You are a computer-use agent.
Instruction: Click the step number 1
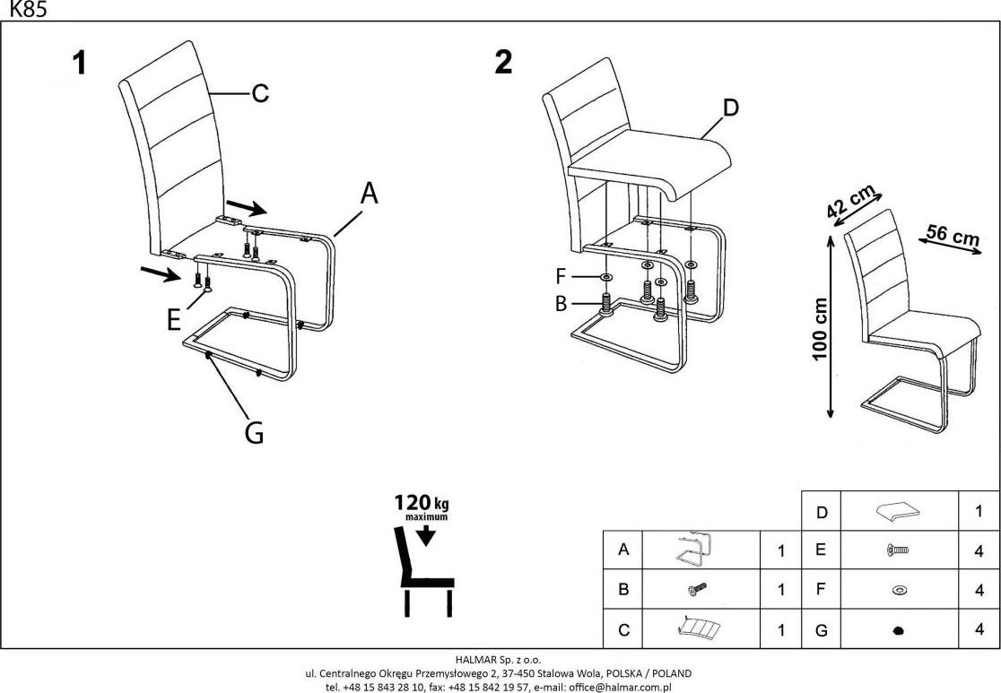80,64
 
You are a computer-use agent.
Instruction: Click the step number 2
503,64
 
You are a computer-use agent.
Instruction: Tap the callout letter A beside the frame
369,194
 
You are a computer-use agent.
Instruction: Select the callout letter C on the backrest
258,93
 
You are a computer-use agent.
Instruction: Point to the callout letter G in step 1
254,433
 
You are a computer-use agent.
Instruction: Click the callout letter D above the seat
730,108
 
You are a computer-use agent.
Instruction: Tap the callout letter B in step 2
561,304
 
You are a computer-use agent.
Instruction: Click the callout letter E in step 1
174,320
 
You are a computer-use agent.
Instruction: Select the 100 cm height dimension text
820,329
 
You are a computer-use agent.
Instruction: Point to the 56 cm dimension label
953,236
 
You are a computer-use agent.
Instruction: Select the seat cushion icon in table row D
900,512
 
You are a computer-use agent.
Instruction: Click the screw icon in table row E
898,550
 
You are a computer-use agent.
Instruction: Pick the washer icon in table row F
899,590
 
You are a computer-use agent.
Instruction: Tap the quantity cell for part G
979,629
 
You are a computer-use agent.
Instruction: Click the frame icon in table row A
694,548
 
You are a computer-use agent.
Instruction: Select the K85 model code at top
27,10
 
